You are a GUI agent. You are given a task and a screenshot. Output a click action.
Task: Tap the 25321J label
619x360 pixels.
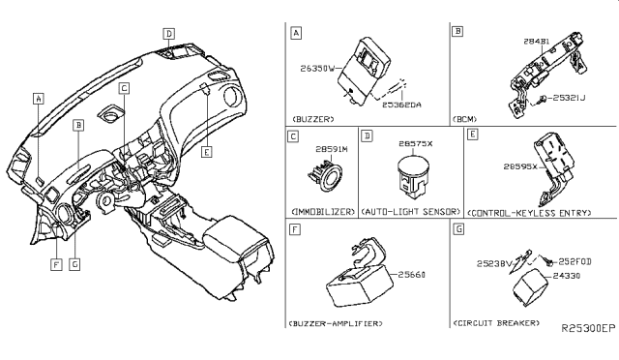tap(573, 98)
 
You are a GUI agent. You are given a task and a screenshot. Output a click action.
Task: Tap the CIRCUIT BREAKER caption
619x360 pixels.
tap(497, 320)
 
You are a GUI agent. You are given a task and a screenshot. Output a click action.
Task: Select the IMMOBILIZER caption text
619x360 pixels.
tap(322, 211)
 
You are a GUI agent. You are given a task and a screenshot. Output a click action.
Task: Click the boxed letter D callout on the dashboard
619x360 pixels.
tap(170, 34)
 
